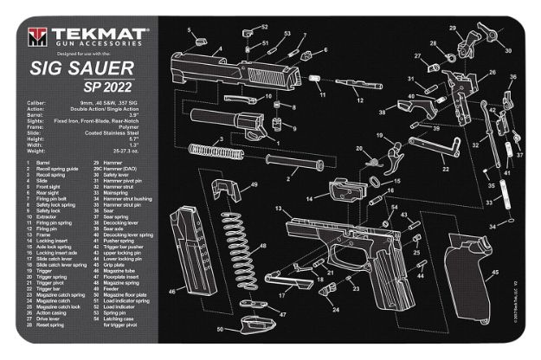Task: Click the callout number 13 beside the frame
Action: (x=278, y=210)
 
